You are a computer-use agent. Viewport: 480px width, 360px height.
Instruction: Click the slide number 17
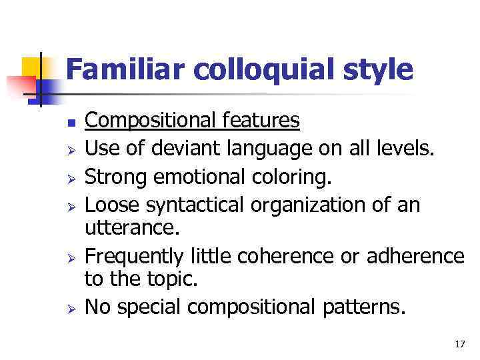coord(459,345)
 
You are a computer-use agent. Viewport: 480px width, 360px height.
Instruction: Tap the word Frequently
coord(135,255)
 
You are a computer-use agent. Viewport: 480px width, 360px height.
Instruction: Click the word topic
coord(177,279)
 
